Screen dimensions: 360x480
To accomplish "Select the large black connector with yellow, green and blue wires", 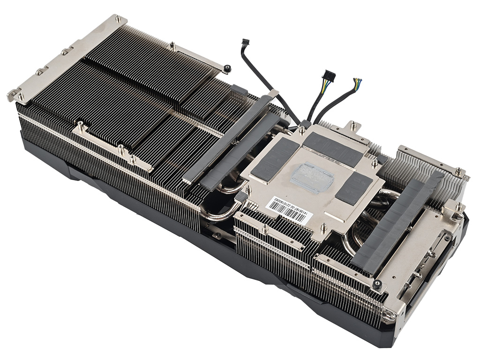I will (328, 75).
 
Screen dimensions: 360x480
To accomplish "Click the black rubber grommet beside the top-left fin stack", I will (227, 68).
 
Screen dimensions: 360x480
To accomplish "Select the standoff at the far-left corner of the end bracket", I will (21, 97).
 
